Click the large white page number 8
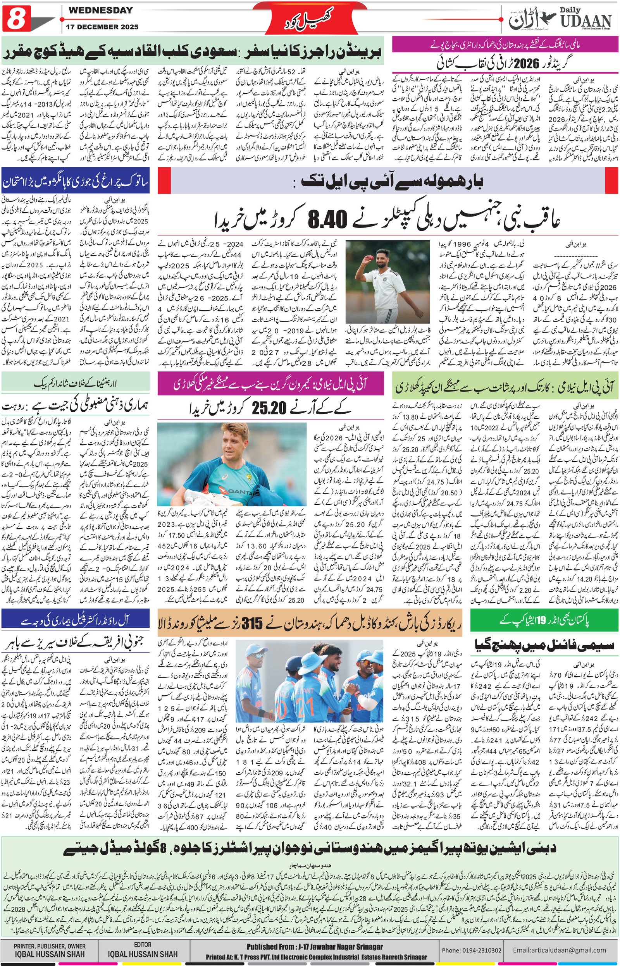[15, 19]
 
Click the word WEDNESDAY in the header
[101, 11]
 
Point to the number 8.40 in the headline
[327, 220]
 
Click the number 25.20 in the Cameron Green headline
[269, 407]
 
